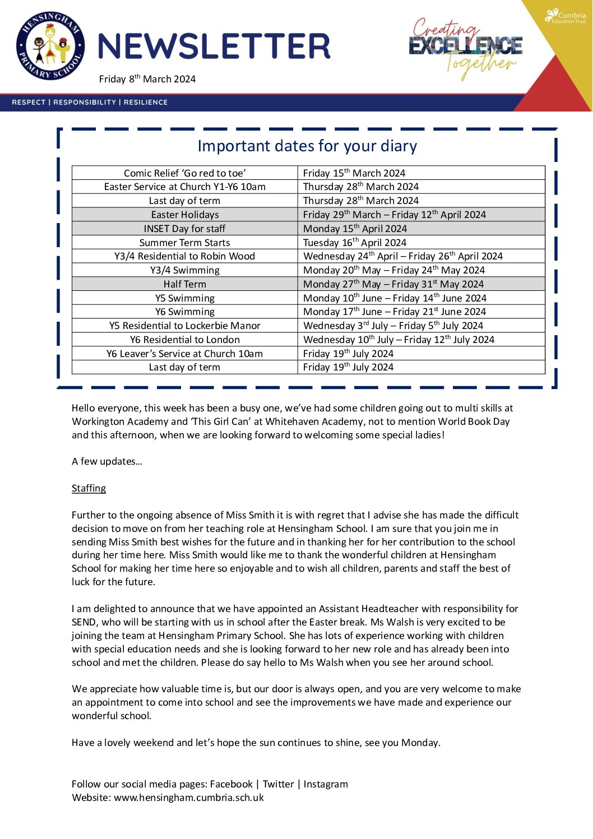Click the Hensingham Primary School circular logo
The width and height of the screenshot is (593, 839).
point(50,46)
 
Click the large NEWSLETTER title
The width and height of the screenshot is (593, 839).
point(214,47)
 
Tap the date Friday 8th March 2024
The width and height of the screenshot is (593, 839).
point(147,79)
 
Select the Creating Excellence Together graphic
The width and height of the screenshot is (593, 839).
point(465,48)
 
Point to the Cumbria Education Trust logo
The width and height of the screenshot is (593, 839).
point(566,16)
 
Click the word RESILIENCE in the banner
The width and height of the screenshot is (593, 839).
point(146,102)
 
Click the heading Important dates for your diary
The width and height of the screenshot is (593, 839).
point(307,146)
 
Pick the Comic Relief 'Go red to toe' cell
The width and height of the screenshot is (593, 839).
point(184,173)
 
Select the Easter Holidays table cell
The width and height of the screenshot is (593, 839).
point(184,215)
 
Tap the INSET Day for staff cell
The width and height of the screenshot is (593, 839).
point(184,229)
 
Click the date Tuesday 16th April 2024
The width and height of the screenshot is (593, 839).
point(355,243)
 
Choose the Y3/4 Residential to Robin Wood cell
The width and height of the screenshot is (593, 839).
point(184,256)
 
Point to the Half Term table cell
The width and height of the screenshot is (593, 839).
point(184,284)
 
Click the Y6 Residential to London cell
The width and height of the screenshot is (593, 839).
point(184,340)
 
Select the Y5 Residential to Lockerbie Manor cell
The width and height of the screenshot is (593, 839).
point(184,326)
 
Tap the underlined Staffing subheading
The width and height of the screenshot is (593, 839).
point(89,488)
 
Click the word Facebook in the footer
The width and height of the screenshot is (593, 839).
point(231,784)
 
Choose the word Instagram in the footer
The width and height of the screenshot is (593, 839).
point(326,784)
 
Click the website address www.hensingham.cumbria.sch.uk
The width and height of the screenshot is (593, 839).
point(189,798)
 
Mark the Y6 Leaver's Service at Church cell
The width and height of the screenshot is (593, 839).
point(184,354)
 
